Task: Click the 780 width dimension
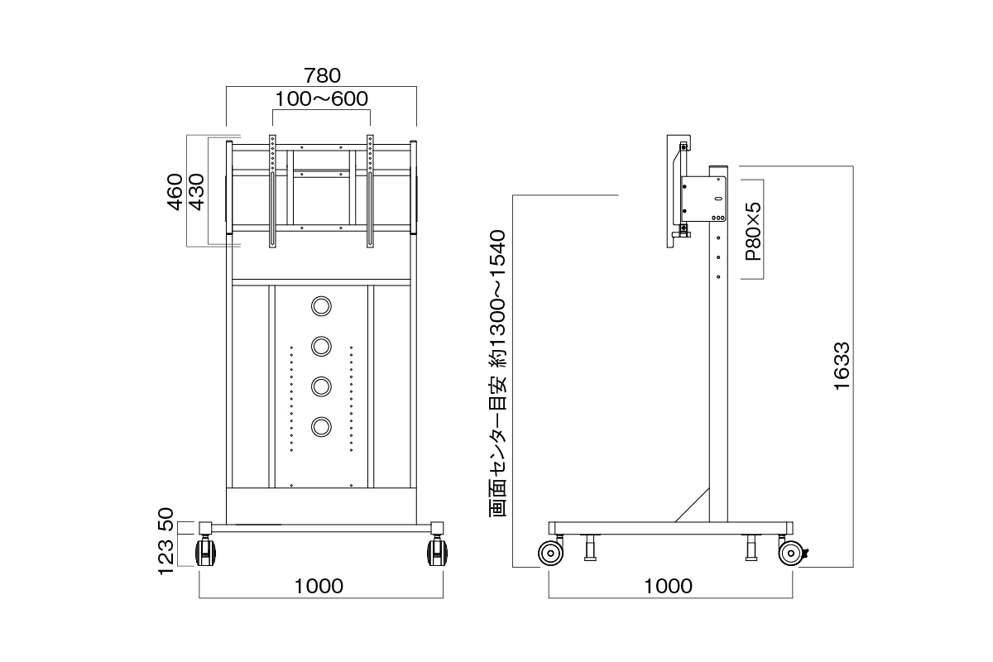322,76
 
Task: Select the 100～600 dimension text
322,98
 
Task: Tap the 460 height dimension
175,192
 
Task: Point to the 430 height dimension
197,192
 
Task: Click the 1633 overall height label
842,367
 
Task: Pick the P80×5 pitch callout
753,232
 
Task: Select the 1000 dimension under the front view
319,586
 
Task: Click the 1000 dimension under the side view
668,586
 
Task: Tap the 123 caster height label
165,558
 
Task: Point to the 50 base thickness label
165,520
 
